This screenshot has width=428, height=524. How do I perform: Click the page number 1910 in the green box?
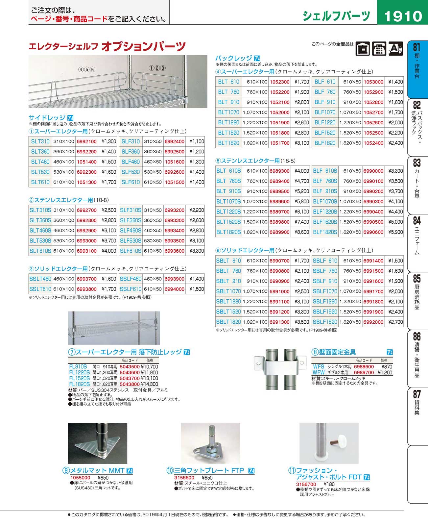pos(403,15)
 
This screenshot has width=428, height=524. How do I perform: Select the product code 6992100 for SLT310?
pos(87,141)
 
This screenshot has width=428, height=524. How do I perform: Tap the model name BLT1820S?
pos(228,232)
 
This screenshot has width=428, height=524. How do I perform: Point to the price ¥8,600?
pos(301,232)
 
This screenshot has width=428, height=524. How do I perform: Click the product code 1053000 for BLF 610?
pos(373,82)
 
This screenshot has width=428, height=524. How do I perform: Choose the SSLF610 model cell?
pos(131,289)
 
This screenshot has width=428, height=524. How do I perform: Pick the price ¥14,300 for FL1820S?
pos(149,384)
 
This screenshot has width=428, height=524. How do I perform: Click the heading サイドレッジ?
pos(47,117)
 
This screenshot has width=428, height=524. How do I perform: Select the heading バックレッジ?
pos(233,58)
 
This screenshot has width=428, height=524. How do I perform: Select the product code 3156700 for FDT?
pos(306,484)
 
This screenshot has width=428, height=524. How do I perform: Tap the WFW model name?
pos(318,372)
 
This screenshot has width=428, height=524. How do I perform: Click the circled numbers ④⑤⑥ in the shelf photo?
pos(87,69)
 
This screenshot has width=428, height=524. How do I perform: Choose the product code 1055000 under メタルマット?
pos(80,478)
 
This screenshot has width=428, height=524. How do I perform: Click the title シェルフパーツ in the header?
pos(336,15)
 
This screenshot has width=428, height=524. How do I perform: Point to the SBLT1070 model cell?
pos(228,291)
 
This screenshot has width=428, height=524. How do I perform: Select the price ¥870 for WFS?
pos(387,366)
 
